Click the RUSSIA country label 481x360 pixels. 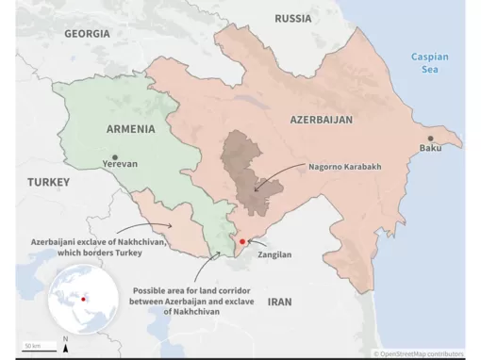tap(293, 18)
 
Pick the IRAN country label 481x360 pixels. tap(281, 302)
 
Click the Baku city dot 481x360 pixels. tap(431, 138)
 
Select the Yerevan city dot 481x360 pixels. tap(115, 156)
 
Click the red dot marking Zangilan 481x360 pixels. tap(242, 242)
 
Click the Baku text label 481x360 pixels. tap(430, 149)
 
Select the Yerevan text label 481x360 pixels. tap(119, 164)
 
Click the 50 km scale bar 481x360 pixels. tap(32, 348)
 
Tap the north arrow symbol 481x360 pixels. tap(64, 345)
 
